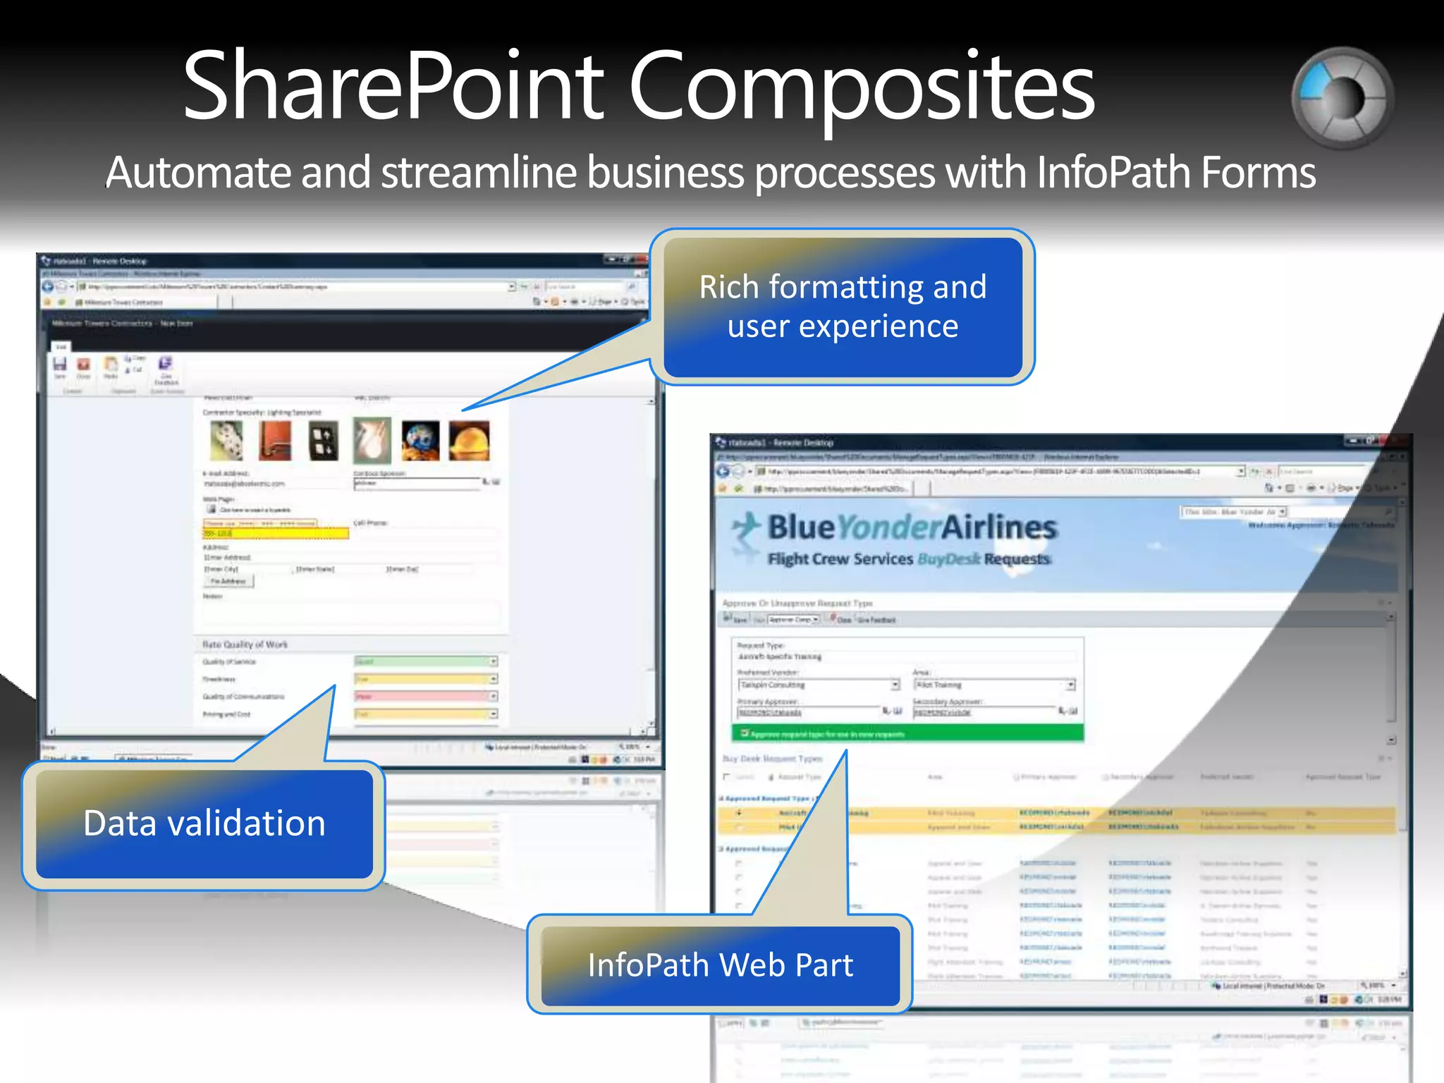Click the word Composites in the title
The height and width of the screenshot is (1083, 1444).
coord(861,88)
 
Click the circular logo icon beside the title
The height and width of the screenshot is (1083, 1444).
coord(1342,98)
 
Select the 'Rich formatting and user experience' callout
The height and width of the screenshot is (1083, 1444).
coord(843,307)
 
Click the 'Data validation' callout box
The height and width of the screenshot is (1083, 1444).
coord(204,824)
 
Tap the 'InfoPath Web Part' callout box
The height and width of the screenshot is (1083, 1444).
coord(720,965)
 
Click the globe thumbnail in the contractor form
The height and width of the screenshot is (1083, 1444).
coord(420,441)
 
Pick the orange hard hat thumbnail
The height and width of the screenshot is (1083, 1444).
coord(469,441)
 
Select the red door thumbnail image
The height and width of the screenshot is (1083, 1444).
coord(275,441)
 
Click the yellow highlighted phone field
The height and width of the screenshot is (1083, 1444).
coord(276,534)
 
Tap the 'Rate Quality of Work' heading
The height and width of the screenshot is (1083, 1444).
coord(245,644)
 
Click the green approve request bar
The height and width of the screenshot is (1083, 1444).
coord(907,734)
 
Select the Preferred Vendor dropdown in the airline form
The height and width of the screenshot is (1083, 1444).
coord(819,685)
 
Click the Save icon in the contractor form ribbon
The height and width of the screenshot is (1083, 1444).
coord(60,365)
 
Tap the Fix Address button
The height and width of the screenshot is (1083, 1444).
coord(228,582)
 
